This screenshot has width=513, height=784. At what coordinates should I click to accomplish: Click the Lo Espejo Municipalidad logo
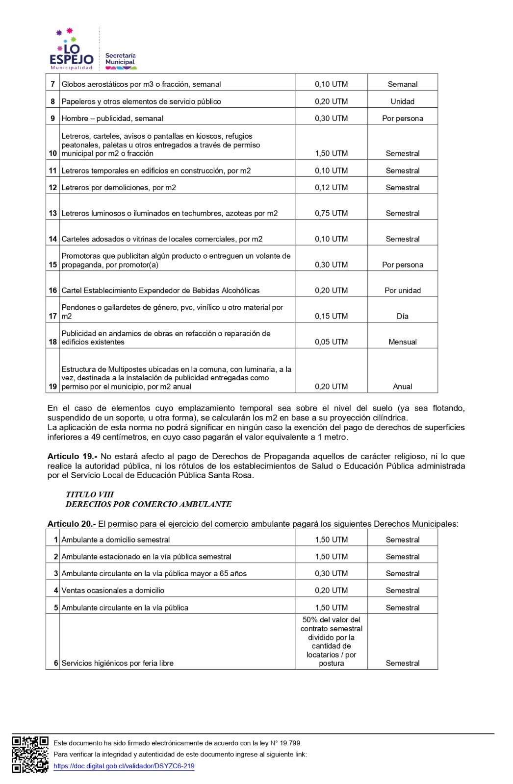(x=72, y=49)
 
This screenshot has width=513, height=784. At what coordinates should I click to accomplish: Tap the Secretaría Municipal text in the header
(x=120, y=59)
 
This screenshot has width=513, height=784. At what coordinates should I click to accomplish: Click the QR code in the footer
(x=30, y=755)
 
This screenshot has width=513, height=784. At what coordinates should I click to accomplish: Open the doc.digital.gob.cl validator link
(x=124, y=766)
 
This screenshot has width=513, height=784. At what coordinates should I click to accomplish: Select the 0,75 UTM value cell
(x=331, y=213)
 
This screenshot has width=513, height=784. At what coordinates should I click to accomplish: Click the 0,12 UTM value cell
(x=331, y=188)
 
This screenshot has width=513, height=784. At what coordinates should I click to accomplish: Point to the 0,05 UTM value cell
(x=331, y=342)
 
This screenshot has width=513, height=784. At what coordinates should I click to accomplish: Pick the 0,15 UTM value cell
(x=331, y=316)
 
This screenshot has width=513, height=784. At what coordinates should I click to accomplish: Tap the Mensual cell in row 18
(x=402, y=342)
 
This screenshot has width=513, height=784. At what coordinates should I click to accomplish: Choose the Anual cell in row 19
(x=402, y=387)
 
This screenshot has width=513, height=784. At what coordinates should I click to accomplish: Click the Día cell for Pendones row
(x=402, y=316)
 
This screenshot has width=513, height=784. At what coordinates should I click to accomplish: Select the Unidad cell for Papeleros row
(x=402, y=101)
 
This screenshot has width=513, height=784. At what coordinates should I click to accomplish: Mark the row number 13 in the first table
(x=53, y=213)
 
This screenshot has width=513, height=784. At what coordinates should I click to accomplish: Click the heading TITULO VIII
(x=90, y=494)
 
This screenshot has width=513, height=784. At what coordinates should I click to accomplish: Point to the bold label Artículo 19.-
(x=72, y=456)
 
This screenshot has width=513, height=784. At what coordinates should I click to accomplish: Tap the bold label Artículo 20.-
(x=72, y=524)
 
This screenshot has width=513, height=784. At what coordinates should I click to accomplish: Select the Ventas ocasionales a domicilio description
(x=113, y=590)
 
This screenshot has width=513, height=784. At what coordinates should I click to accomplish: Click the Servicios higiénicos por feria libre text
(x=117, y=663)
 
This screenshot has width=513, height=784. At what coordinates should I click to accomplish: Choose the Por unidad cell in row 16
(x=402, y=291)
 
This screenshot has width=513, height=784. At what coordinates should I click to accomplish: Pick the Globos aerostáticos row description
(x=141, y=84)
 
